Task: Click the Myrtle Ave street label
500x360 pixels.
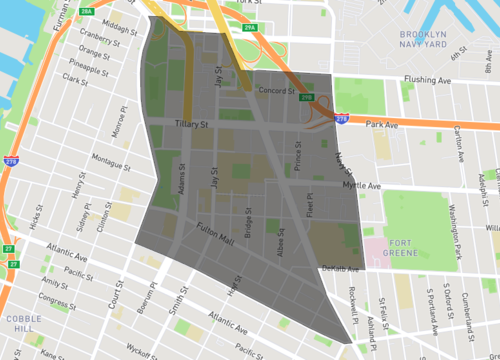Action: pos(362,186)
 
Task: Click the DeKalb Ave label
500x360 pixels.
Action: pos(341,268)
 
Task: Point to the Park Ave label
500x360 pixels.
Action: pos(382,126)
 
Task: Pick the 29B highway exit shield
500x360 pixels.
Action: pos(306,97)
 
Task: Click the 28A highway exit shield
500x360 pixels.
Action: pos(87,11)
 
